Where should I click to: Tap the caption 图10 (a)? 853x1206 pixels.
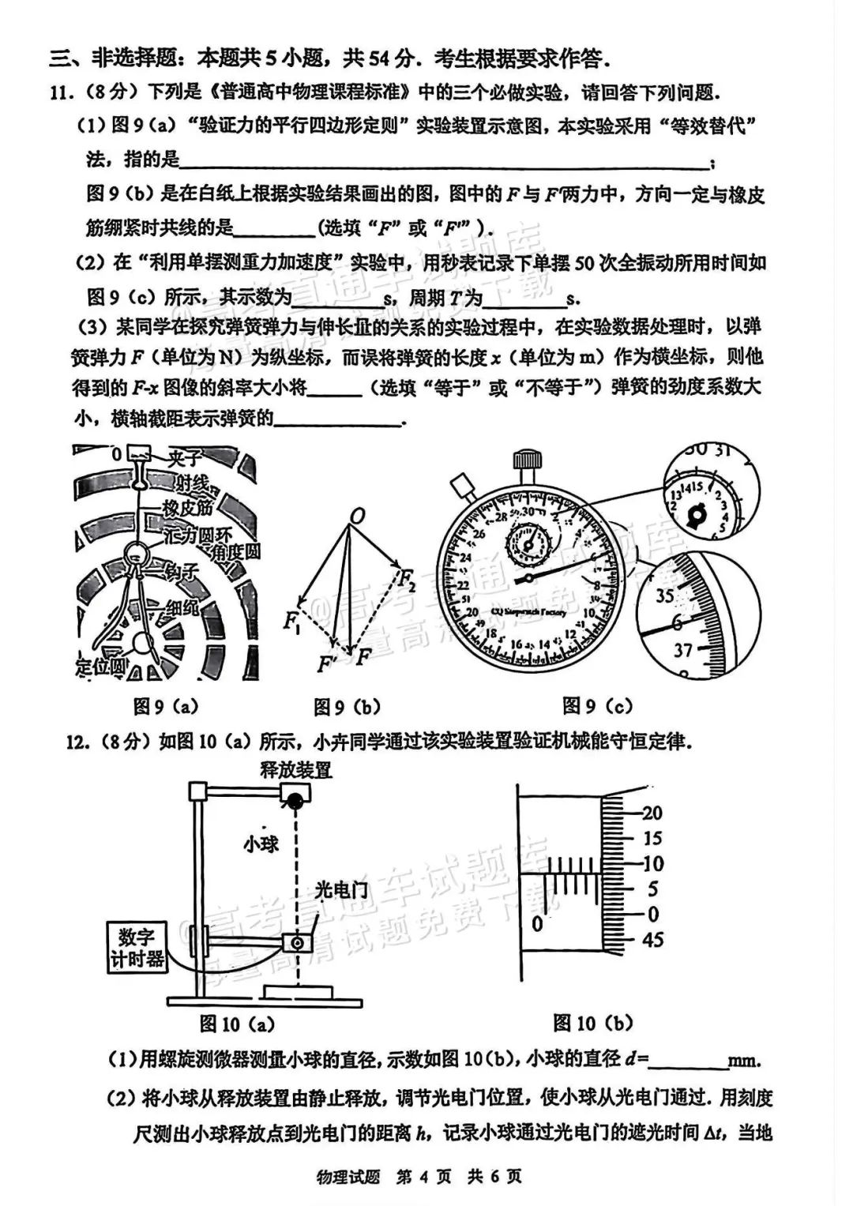coord(237,1024)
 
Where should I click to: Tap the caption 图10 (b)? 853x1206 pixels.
coord(593,1024)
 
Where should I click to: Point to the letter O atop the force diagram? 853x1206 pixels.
coord(357,517)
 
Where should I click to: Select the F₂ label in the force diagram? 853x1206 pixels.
coord(407,580)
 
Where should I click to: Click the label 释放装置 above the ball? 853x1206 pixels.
coord(296,769)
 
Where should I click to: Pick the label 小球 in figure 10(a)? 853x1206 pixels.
coord(261,844)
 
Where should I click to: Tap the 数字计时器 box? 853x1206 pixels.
coord(137,948)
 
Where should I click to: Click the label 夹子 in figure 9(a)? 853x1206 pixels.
coord(185,457)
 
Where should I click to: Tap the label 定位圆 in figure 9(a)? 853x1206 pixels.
coord(102,667)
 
